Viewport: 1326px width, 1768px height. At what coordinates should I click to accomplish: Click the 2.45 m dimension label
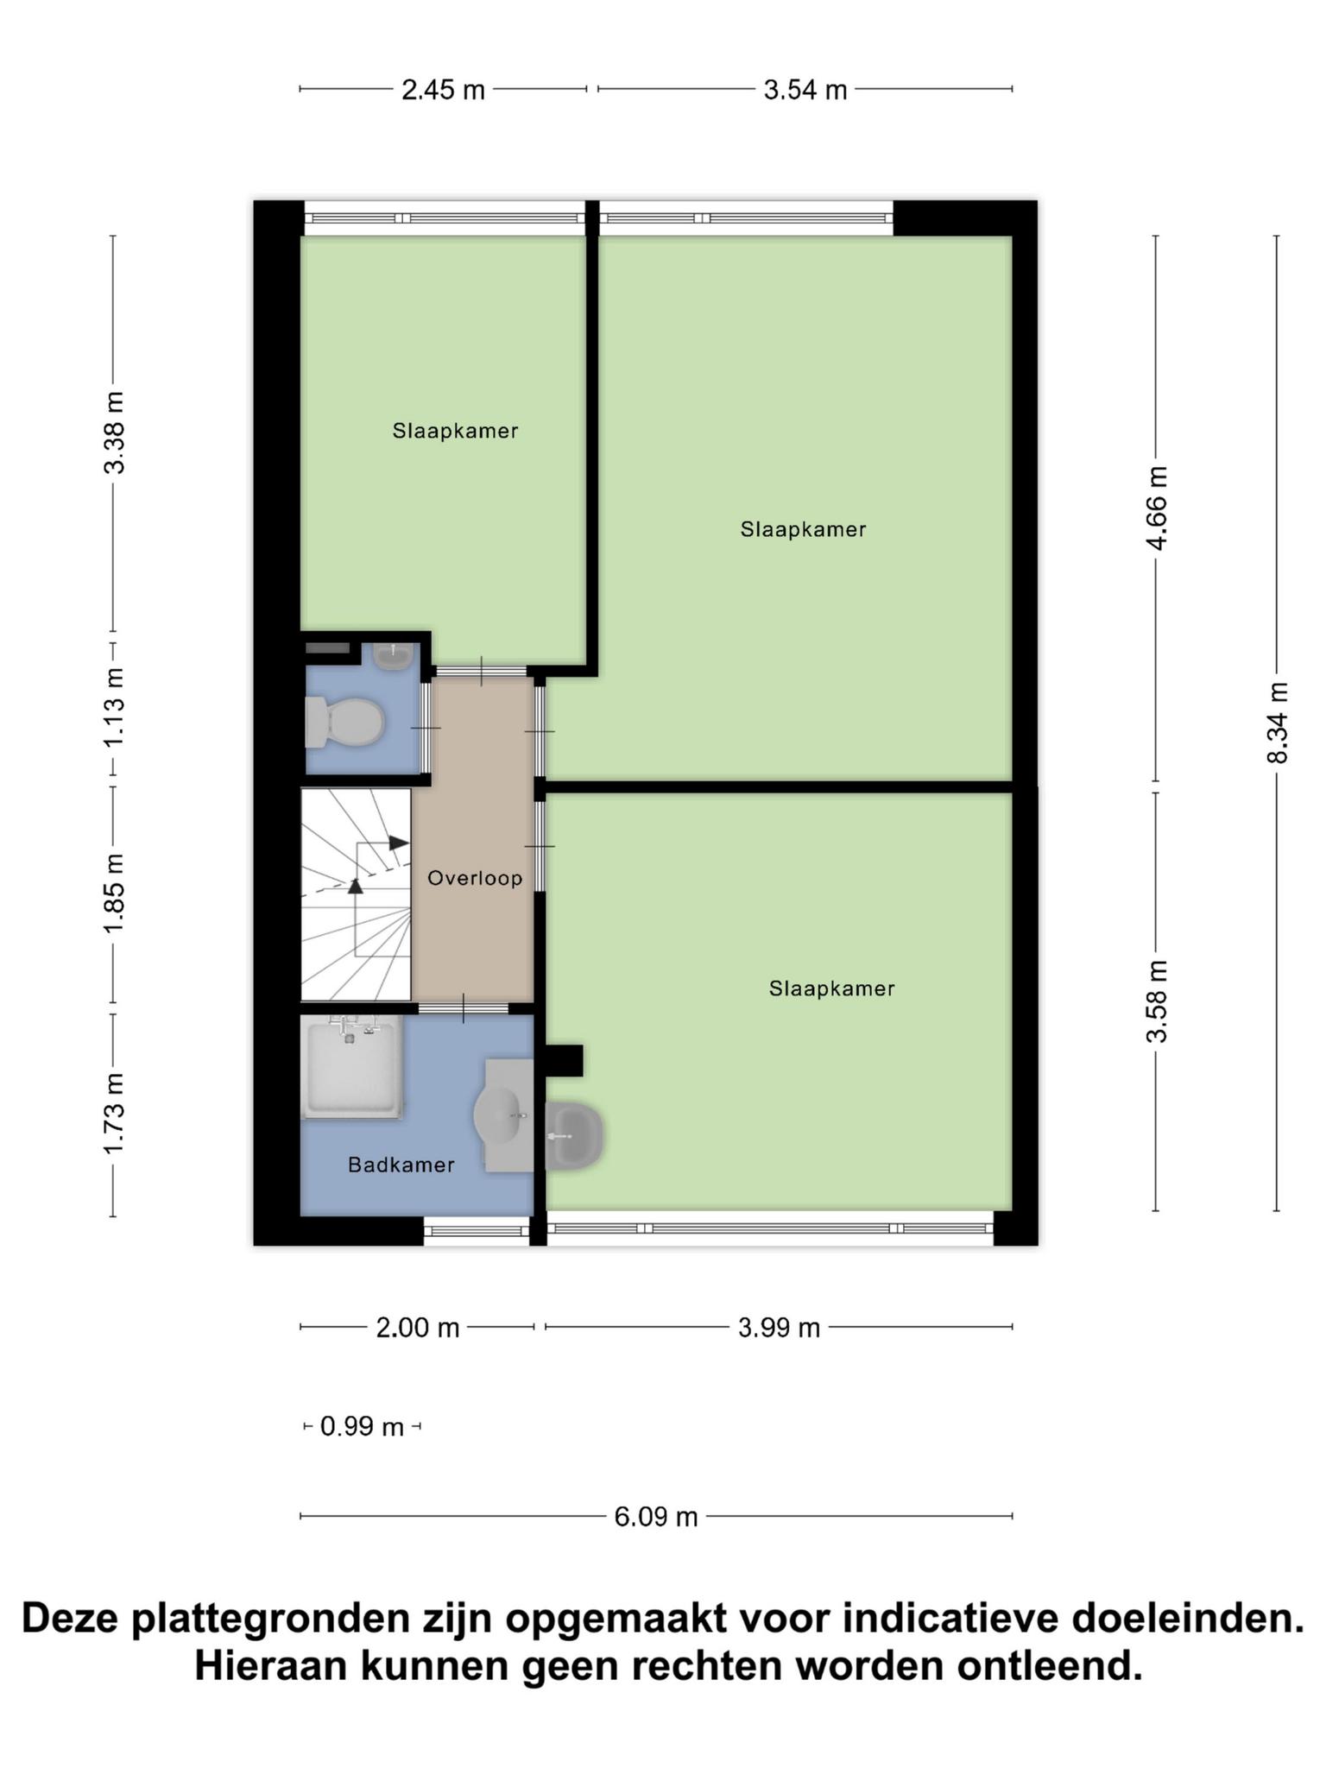pos(443,89)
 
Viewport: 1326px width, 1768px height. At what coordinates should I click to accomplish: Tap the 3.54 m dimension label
pos(805,89)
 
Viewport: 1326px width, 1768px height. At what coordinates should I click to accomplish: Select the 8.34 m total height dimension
pos(1277,723)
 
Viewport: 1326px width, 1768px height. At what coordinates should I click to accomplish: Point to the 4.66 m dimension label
pos(1156,508)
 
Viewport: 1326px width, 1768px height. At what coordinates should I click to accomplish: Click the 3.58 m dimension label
pos(1156,1001)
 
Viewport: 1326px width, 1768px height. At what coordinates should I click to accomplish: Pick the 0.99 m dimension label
pos(362,1427)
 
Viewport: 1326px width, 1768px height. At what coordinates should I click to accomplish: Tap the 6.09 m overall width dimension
pos(656,1516)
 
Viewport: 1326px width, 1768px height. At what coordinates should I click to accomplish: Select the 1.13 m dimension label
pos(113,709)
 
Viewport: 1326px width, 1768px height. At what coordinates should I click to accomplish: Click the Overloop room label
pos(475,878)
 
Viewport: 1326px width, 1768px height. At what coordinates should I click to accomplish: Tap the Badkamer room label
pos(401,1165)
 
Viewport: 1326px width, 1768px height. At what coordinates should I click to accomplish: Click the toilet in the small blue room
pos(344,722)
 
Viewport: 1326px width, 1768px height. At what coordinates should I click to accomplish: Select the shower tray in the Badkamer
pos(351,1067)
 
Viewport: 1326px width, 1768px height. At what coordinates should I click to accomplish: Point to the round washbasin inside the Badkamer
pos(499,1115)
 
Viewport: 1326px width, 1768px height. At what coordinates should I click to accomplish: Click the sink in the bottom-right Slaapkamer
pos(573,1136)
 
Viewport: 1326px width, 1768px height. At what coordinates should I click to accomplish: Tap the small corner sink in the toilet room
pos(394,656)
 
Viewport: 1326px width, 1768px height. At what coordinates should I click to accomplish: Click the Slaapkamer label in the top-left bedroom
pos(455,431)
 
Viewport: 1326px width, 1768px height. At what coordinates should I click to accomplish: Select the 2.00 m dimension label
pos(417,1327)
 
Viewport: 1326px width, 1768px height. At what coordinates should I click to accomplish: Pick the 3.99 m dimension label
pos(779,1327)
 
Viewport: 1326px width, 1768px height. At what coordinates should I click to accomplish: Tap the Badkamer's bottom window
pos(477,1229)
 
